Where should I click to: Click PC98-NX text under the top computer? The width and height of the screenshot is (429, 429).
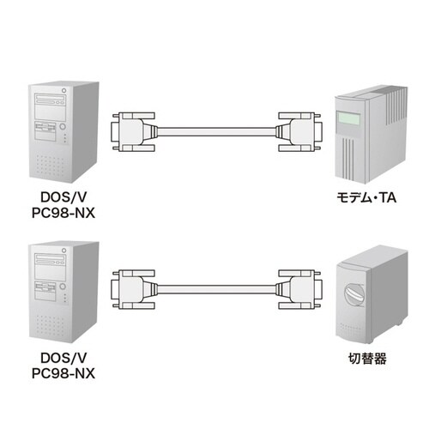pos(62,214)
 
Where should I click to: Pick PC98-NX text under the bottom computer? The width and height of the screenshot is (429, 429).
pos(62,373)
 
